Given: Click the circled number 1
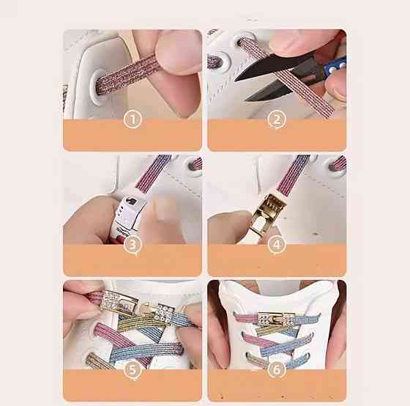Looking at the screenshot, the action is coord(133,119).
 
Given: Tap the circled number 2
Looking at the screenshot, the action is coord(277,119).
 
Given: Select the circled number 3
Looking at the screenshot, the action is coord(133,245).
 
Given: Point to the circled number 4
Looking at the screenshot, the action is coord(277,245).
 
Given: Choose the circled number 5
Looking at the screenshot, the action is coord(133,369).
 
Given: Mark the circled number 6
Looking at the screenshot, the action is coord(277,369).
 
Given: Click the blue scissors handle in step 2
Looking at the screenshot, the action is coord(335,67).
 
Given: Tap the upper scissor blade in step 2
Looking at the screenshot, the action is coord(275,65).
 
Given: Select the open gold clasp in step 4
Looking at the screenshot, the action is coord(267,213).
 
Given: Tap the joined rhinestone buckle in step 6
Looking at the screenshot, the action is coord(277,319).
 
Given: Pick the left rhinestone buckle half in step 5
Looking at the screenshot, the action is coord(118,303).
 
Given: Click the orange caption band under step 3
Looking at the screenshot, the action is coord(133,260).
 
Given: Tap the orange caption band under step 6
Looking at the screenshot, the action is coord(277,385).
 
